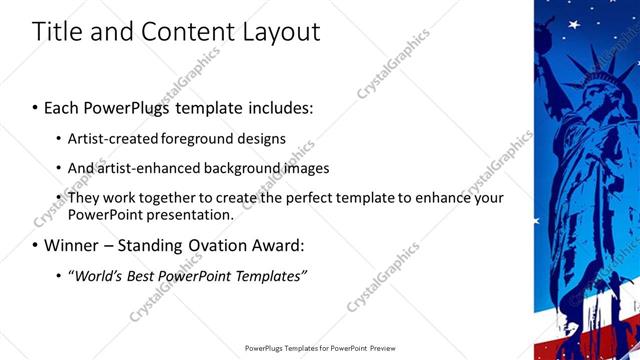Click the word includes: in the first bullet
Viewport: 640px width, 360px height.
click(275, 106)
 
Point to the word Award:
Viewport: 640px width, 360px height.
click(275, 245)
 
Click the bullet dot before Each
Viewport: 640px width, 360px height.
click(36, 107)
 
